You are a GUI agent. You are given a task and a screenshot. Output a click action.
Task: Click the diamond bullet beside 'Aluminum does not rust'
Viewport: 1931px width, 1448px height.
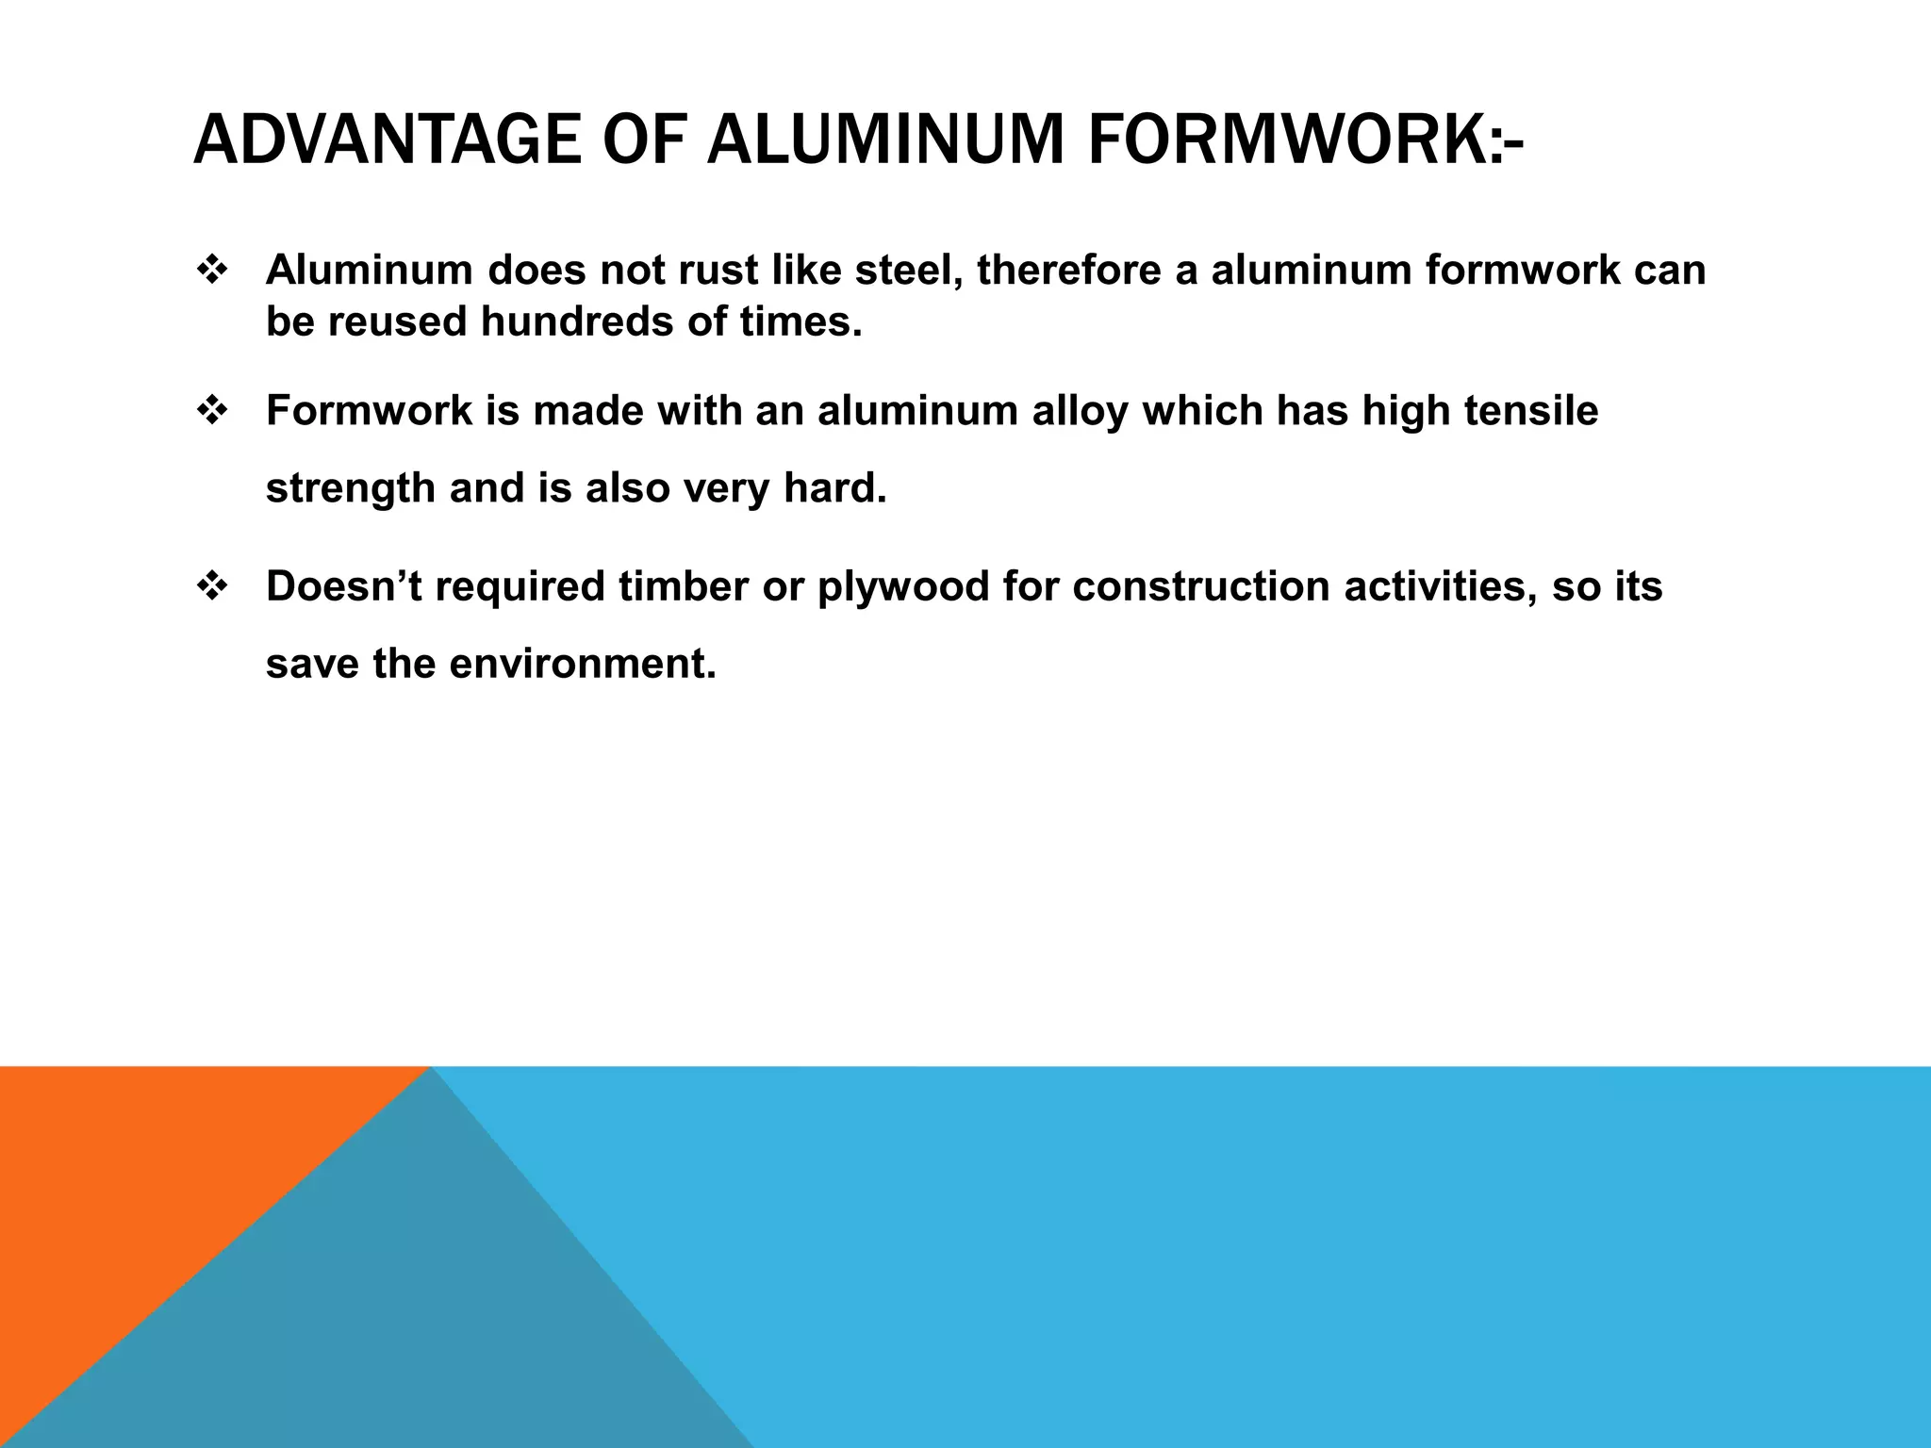tap(212, 271)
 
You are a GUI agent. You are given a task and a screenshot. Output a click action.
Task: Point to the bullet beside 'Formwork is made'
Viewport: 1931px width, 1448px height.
tap(212, 411)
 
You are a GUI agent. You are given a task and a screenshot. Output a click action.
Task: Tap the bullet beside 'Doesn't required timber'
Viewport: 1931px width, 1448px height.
tap(212, 586)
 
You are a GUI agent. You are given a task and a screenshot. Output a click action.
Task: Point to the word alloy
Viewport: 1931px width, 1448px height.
tap(1081, 412)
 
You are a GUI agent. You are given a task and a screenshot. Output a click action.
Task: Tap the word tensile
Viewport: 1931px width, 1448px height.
tap(1531, 411)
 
